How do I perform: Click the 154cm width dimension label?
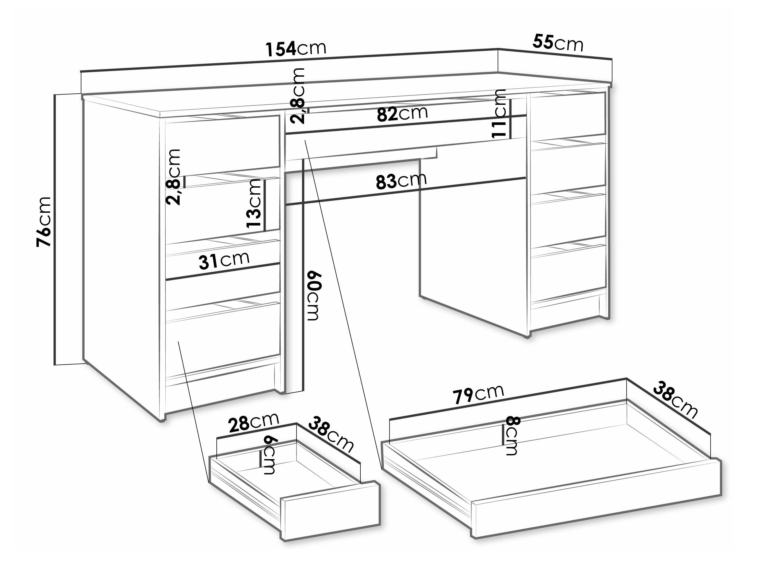(x=296, y=49)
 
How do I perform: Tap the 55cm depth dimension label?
(x=558, y=43)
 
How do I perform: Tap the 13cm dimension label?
(x=254, y=203)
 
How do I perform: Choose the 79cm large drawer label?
(x=478, y=394)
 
